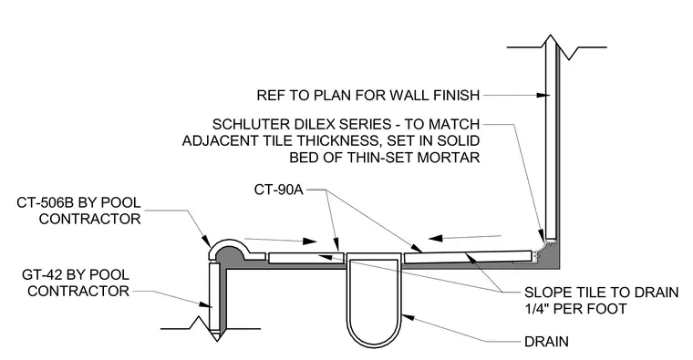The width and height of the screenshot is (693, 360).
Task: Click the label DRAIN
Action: (546, 342)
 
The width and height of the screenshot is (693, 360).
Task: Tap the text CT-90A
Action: (278, 190)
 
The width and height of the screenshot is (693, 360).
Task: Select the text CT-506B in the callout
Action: (47, 202)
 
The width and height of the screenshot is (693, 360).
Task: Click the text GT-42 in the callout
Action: (41, 274)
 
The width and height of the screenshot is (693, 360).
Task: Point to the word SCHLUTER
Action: (250, 124)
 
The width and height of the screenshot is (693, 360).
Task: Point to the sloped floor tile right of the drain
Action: (468, 257)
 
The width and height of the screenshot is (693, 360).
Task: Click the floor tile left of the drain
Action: (305, 258)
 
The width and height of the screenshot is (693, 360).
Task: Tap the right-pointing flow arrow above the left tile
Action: (280, 241)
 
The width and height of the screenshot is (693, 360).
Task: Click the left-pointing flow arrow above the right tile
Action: (464, 238)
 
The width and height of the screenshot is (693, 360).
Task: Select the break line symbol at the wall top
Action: (557, 46)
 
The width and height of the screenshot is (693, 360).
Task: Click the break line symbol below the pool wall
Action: (211, 329)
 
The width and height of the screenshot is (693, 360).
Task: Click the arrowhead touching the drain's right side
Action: (408, 317)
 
